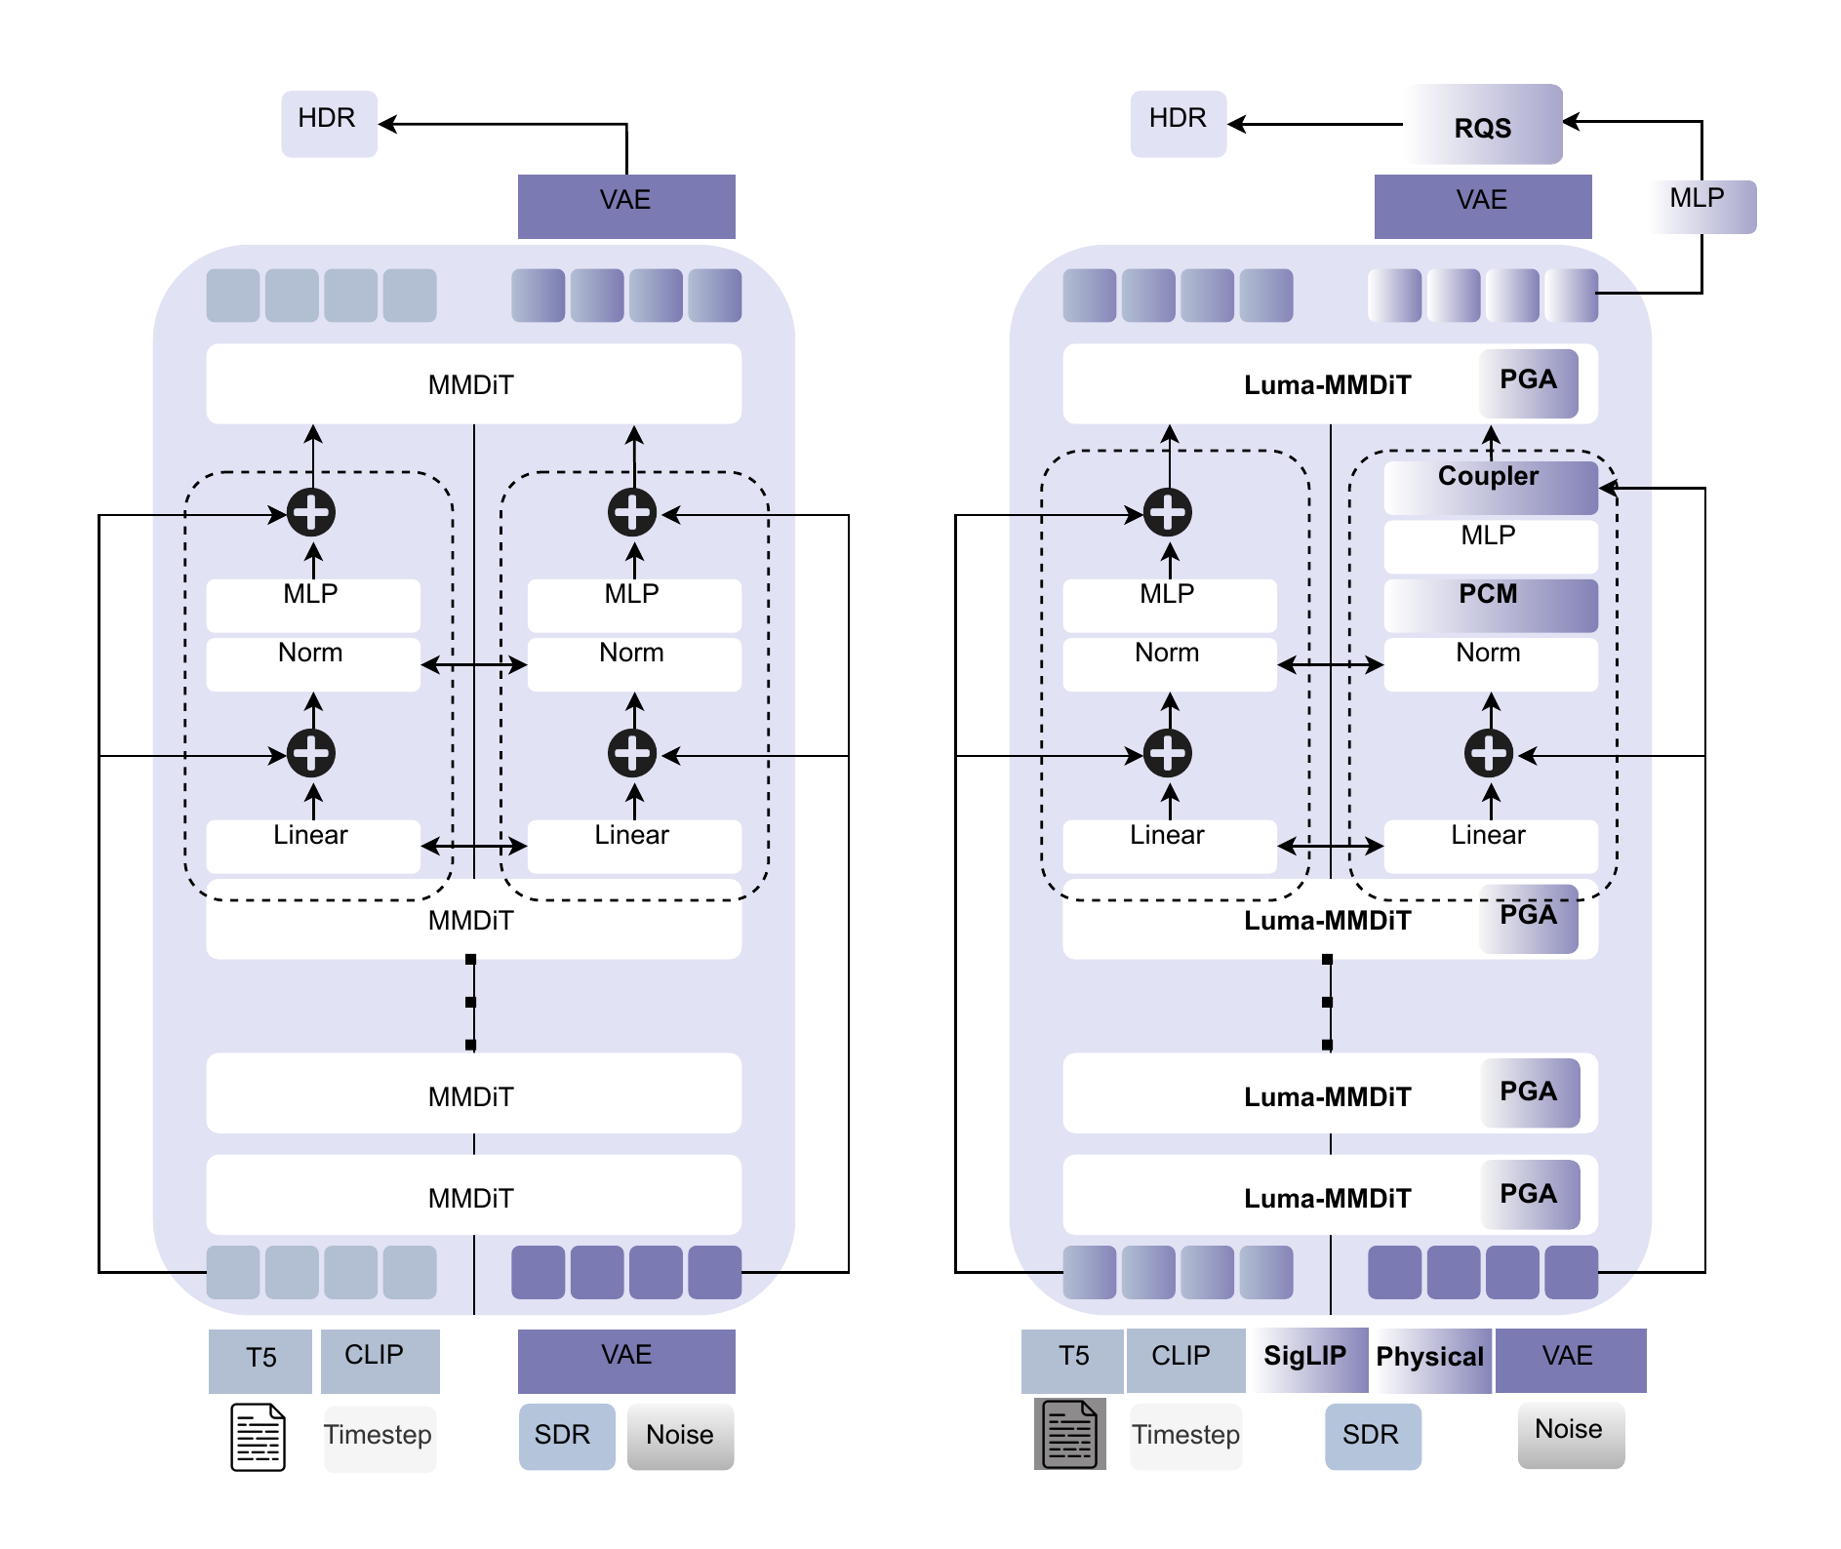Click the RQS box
coord(1483,125)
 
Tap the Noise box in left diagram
coord(680,1436)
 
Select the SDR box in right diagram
coord(1372,1436)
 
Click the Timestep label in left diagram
coord(379,1436)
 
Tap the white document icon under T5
coord(258,1437)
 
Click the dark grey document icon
coord(1070,1434)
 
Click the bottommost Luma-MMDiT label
coord(1327,1199)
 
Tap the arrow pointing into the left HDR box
coord(386,124)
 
